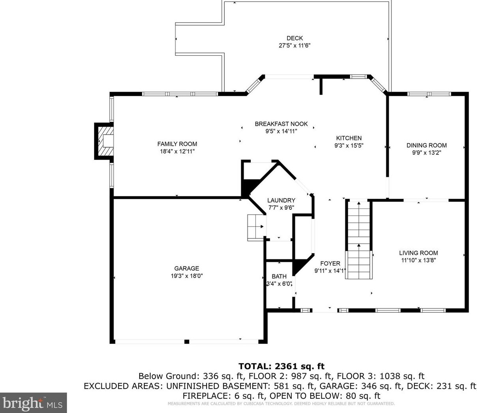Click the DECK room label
point(294,38)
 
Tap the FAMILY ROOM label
point(177,144)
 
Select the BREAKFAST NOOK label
point(281,124)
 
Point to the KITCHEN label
point(349,138)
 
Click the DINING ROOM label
point(427,145)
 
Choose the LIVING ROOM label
point(418,253)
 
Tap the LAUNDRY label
point(281,200)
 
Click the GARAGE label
point(186,268)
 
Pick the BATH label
point(279,276)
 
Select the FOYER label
point(330,263)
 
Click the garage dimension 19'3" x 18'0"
point(186,276)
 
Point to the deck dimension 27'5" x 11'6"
point(294,45)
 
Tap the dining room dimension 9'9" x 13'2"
point(427,153)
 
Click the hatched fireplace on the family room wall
point(104,141)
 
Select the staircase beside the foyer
point(359,240)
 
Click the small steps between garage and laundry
point(256,228)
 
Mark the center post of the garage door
point(187,342)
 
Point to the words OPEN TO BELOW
point(305,396)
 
